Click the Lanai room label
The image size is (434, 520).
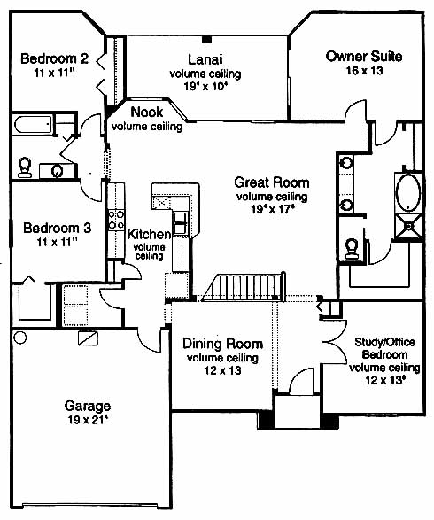205,59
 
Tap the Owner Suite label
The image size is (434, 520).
364,57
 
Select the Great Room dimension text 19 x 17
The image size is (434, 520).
273,209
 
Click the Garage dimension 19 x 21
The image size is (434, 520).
89,420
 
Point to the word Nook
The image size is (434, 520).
147,113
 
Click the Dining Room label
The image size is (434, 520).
223,344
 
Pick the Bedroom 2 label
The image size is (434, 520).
55,58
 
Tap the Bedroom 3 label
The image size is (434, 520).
57,229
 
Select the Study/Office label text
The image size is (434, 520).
384,342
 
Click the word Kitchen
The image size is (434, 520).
149,234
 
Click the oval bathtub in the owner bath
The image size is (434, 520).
408,192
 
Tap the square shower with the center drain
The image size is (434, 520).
409,227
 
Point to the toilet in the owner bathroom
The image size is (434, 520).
352,248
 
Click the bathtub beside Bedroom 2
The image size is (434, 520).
33,124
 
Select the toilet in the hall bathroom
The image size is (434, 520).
25,167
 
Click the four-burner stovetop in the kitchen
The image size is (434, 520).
116,220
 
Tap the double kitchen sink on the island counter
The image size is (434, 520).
180,223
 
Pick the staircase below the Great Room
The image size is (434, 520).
244,287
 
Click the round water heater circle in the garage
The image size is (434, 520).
19,338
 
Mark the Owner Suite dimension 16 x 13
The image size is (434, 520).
364,71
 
